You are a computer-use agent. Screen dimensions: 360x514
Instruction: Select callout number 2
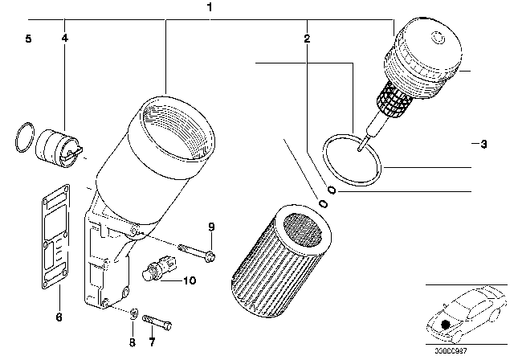pyautogui.click(x=307, y=39)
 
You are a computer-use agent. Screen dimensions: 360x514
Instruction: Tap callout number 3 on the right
pyautogui.click(x=482, y=145)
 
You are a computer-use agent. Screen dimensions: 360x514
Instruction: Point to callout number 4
pyautogui.click(x=64, y=39)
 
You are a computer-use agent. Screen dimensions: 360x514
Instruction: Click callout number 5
pyautogui.click(x=28, y=39)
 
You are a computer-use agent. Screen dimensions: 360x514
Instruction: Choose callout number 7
pyautogui.click(x=150, y=341)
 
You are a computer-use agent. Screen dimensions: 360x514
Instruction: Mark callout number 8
pyautogui.click(x=133, y=341)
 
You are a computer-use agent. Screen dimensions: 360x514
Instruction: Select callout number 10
pyautogui.click(x=189, y=280)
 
